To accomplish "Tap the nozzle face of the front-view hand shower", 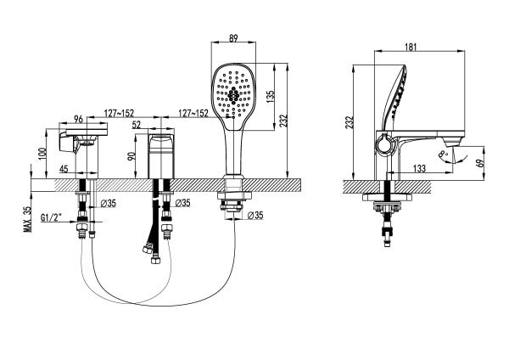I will (x=232, y=93).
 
